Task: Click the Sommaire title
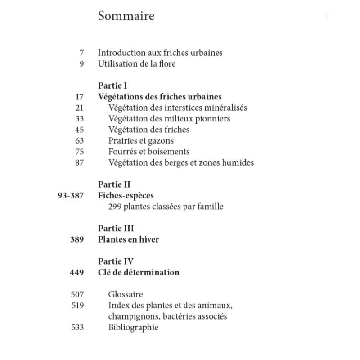tap(126, 16)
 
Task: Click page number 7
tap(81, 53)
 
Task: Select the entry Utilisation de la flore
tap(137, 63)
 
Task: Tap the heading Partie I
tap(113, 85)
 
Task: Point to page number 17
tap(80, 97)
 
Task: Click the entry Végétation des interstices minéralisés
tap(178, 108)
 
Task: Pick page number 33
tap(80, 119)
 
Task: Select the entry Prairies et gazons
tap(141, 141)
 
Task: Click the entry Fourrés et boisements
tap(149, 152)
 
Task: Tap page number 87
tap(80, 162)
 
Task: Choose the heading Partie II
tap(114, 184)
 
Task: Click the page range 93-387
tap(71, 196)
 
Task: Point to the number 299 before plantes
tap(115, 207)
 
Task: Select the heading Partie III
tap(116, 229)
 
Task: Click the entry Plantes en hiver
tap(128, 239)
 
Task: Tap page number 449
tap(77, 272)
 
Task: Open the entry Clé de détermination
tap(139, 272)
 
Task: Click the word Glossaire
tap(126, 294)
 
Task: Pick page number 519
tap(77, 306)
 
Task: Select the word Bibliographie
tap(133, 327)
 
